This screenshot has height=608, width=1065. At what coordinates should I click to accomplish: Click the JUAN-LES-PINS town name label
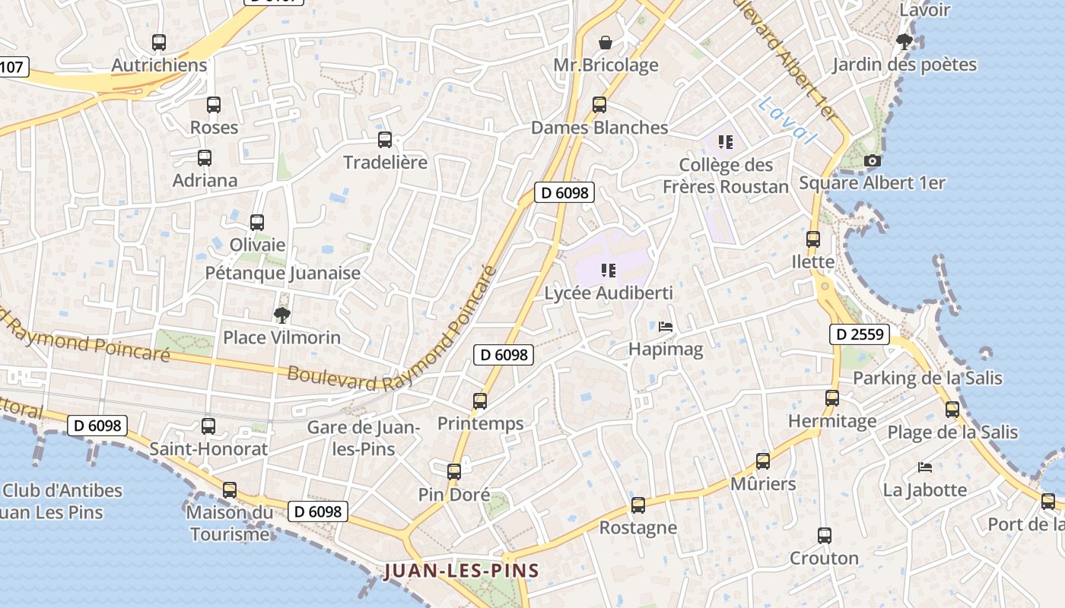tap(462, 571)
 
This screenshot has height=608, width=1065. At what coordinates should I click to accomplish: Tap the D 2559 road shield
tap(859, 334)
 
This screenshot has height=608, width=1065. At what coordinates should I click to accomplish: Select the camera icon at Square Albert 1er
tap(873, 160)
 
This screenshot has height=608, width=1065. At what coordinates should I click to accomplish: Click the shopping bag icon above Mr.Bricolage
tap(606, 42)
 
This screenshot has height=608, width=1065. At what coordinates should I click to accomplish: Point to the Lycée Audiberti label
tap(609, 293)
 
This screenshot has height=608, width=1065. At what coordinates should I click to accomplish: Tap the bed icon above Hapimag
tap(666, 327)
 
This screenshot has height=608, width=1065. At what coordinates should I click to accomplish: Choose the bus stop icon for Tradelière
tap(385, 139)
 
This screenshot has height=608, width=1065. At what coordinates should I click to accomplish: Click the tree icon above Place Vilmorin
tap(281, 315)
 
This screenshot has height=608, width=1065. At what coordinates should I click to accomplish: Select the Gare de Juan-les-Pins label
tap(364, 438)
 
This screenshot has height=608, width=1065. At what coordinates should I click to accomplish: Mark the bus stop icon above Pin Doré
tap(454, 471)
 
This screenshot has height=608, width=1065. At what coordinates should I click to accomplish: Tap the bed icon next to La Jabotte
tap(925, 467)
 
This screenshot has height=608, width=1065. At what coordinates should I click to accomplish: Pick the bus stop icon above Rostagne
tap(638, 505)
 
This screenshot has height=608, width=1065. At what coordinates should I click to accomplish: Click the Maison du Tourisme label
tap(230, 523)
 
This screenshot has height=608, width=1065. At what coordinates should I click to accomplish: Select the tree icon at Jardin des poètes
tap(904, 41)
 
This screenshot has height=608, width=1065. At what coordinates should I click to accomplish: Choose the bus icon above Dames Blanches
tap(599, 104)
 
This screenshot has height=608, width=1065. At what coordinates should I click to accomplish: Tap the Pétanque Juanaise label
tap(283, 273)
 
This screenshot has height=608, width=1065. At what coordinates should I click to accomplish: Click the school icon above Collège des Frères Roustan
tap(726, 141)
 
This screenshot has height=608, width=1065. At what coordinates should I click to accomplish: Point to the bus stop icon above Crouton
tap(824, 535)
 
